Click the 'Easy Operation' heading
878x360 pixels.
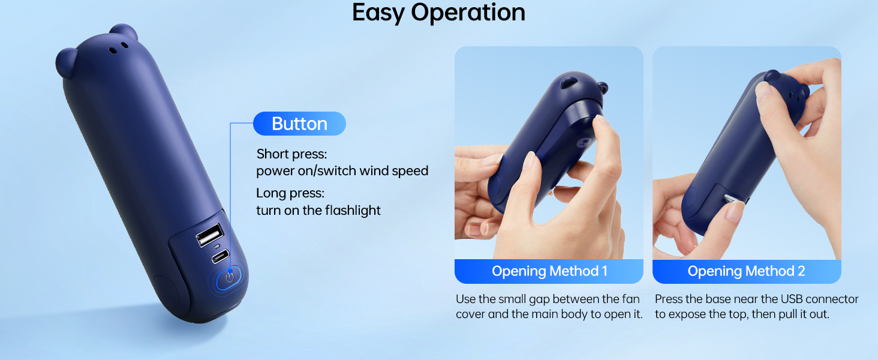438,13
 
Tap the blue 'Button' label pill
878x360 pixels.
299,124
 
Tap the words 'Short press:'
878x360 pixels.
291,154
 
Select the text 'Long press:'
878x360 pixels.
290,194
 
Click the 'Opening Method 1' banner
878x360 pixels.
549,271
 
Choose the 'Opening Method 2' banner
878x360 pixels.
746,271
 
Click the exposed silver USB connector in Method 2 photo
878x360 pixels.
731,199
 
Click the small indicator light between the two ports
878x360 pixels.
216,247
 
